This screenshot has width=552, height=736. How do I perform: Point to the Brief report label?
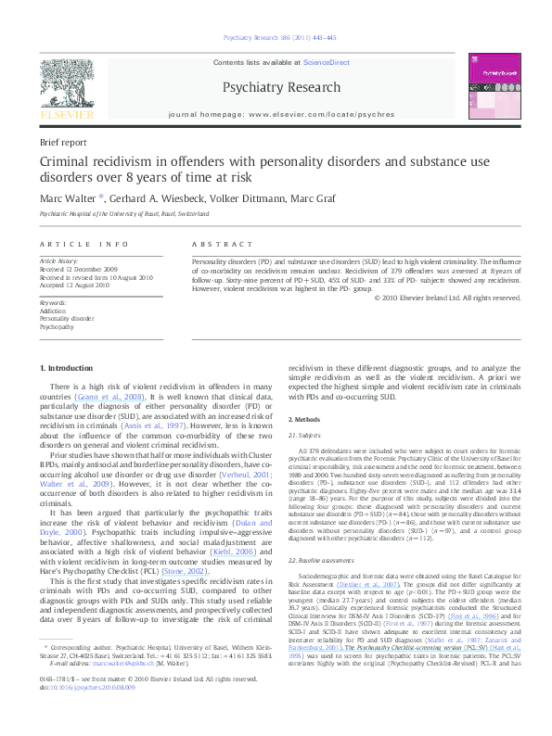point(64,144)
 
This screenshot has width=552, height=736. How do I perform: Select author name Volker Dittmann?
point(248,197)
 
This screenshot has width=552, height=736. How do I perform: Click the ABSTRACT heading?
point(214,244)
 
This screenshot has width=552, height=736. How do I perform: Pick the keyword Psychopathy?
point(58,327)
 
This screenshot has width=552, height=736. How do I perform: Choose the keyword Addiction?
point(54,311)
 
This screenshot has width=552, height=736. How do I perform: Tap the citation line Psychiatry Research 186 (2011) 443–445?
point(276,37)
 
